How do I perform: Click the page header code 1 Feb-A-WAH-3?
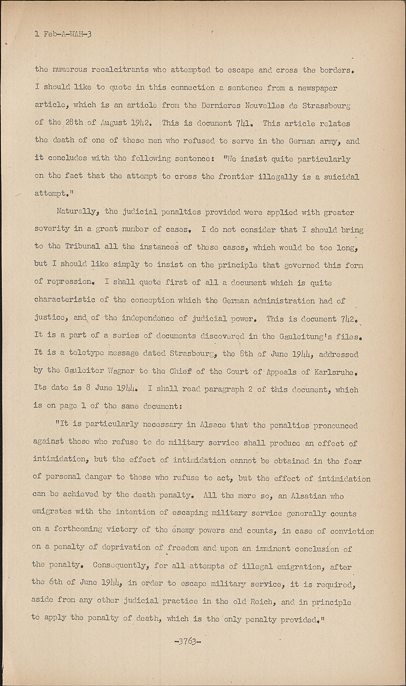63,34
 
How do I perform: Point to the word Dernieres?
220,105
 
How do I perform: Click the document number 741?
244,123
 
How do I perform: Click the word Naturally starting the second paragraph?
77,212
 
